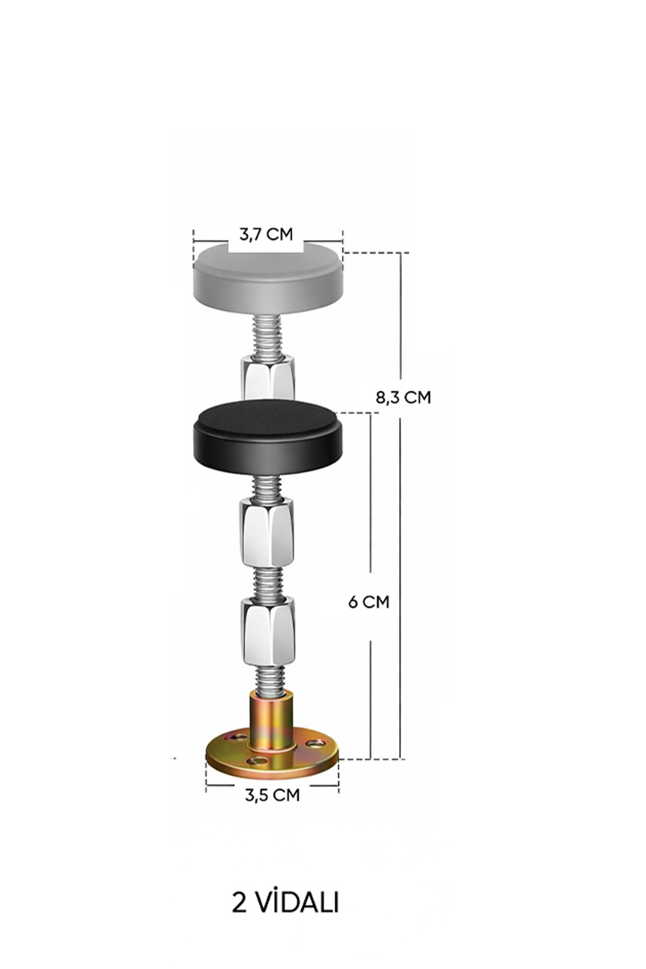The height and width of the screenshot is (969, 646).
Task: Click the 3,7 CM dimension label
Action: click(266, 235)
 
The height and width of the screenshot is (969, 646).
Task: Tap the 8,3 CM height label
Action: click(403, 397)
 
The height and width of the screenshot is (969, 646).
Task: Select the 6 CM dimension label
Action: click(369, 602)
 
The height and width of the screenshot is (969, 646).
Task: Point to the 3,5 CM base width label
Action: click(272, 795)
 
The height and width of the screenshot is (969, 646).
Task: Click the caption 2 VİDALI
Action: click(285, 902)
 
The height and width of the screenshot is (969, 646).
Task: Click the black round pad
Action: click(268, 436)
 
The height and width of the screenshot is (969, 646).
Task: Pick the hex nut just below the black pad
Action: click(267, 532)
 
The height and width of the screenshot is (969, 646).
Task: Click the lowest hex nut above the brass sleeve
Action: click(267, 631)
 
